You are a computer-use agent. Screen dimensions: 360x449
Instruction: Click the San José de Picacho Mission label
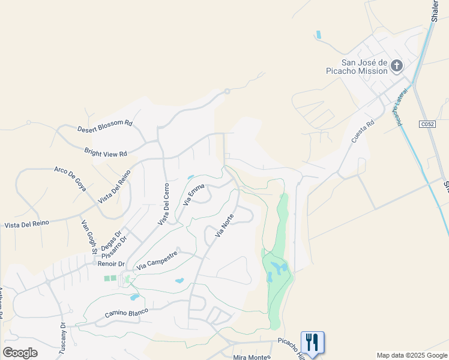[364, 66]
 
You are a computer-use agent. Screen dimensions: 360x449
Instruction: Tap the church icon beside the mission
[397, 65]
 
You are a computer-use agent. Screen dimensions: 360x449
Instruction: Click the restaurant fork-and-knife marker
[312, 343]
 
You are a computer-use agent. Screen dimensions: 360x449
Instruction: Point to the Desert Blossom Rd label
[104, 126]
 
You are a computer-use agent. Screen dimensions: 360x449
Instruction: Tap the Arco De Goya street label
[70, 178]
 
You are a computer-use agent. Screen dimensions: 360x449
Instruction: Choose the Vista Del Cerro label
[164, 204]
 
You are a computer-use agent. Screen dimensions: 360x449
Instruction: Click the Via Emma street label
[194, 194]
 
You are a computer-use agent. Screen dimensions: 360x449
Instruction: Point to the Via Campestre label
[157, 260]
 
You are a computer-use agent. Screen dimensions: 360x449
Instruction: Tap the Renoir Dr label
[113, 263]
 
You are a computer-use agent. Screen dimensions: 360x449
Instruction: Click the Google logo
[20, 353]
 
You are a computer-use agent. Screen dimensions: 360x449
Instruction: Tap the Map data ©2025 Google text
[412, 355]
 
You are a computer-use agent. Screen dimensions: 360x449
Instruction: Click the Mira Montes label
[252, 357]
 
